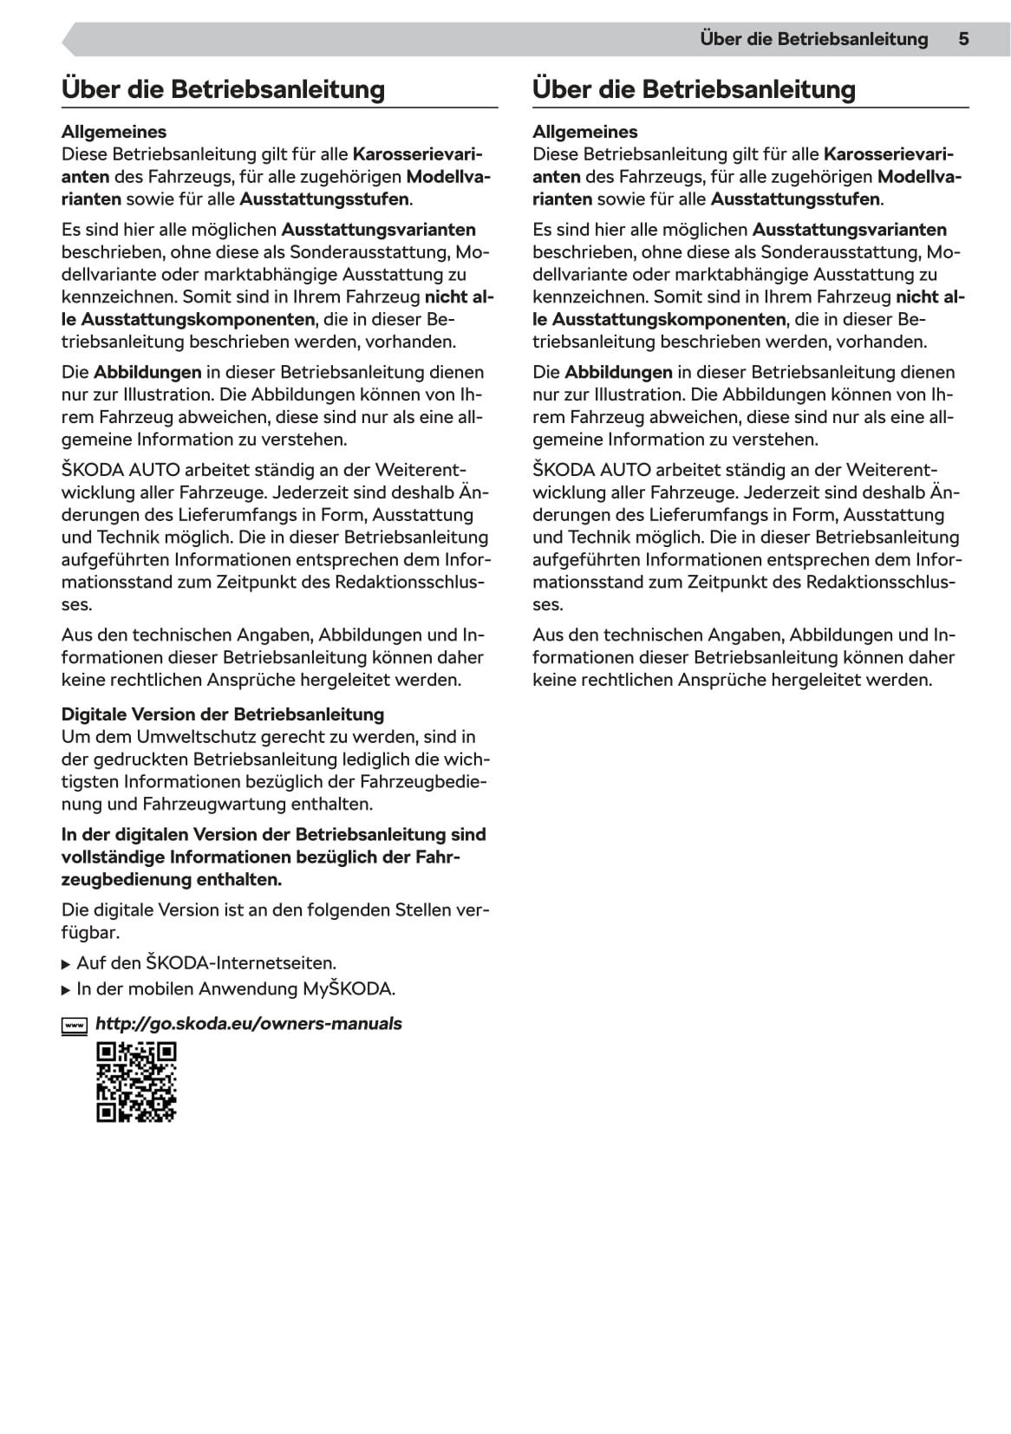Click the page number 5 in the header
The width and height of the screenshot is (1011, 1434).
pyautogui.click(x=963, y=39)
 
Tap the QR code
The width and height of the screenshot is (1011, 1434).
pyautogui.click(x=136, y=1082)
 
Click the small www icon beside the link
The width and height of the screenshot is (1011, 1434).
pyautogui.click(x=75, y=1026)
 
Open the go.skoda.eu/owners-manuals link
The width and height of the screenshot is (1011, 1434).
pyautogui.click(x=248, y=1024)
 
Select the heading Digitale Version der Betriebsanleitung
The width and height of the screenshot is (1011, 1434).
pyautogui.click(x=223, y=714)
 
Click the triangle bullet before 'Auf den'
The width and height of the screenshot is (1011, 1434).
pyautogui.click(x=67, y=964)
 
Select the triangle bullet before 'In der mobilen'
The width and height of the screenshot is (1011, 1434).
pyautogui.click(x=67, y=990)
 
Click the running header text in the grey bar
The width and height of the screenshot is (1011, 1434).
pyautogui.click(x=813, y=39)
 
